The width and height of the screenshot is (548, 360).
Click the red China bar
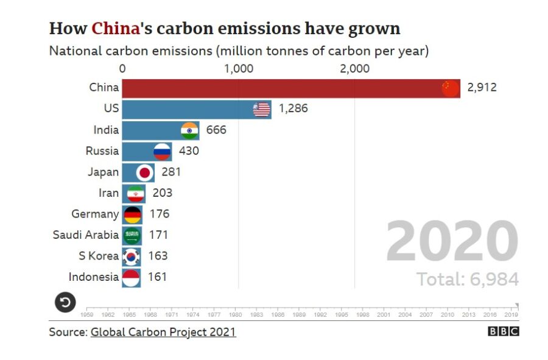(280, 88)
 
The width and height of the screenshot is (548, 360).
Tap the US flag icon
(262, 110)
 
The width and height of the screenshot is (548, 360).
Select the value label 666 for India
(216, 130)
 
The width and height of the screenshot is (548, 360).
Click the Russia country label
(102, 150)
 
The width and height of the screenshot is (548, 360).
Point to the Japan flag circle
(145, 172)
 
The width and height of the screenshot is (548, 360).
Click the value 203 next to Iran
(162, 193)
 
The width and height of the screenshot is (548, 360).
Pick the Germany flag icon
(132, 214)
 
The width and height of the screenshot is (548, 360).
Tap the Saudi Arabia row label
(85, 235)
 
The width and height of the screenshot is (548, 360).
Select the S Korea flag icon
(132, 256)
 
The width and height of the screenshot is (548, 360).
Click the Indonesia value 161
(157, 277)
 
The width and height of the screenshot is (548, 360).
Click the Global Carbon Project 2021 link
(163, 332)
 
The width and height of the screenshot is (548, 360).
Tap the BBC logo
(503, 331)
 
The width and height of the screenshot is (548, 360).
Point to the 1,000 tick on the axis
(239, 69)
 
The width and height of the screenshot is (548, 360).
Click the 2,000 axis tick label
(354, 69)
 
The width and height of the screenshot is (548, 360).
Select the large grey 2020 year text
(452, 242)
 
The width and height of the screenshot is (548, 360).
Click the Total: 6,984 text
(467, 280)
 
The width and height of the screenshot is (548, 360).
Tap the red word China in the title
(115, 29)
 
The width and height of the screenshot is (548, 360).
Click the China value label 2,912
(482, 88)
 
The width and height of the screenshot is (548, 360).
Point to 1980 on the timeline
(236, 315)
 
